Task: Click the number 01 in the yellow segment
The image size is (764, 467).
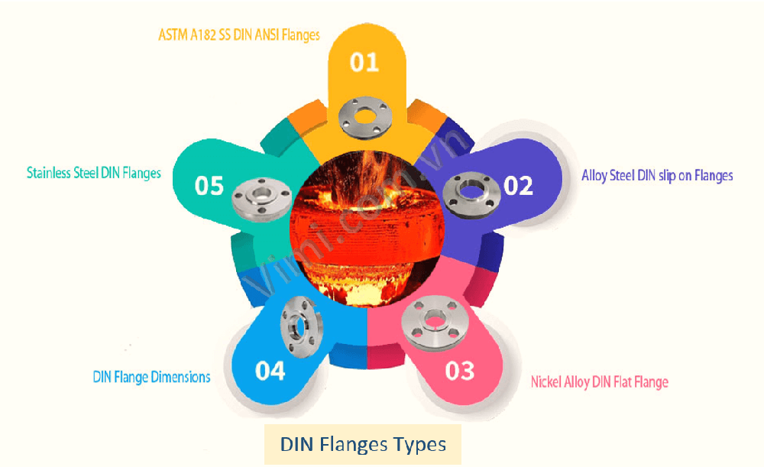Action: click(364, 62)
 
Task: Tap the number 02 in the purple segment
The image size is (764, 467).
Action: click(518, 186)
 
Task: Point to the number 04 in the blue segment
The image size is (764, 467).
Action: click(270, 371)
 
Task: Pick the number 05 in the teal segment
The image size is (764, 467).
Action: click(209, 186)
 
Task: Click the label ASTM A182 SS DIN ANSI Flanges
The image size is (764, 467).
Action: click(239, 34)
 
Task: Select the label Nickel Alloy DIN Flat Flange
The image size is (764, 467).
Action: click(600, 381)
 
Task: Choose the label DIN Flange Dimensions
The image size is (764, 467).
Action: click(151, 378)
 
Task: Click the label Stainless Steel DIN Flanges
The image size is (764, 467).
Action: click(94, 173)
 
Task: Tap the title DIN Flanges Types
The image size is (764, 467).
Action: click(363, 444)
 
